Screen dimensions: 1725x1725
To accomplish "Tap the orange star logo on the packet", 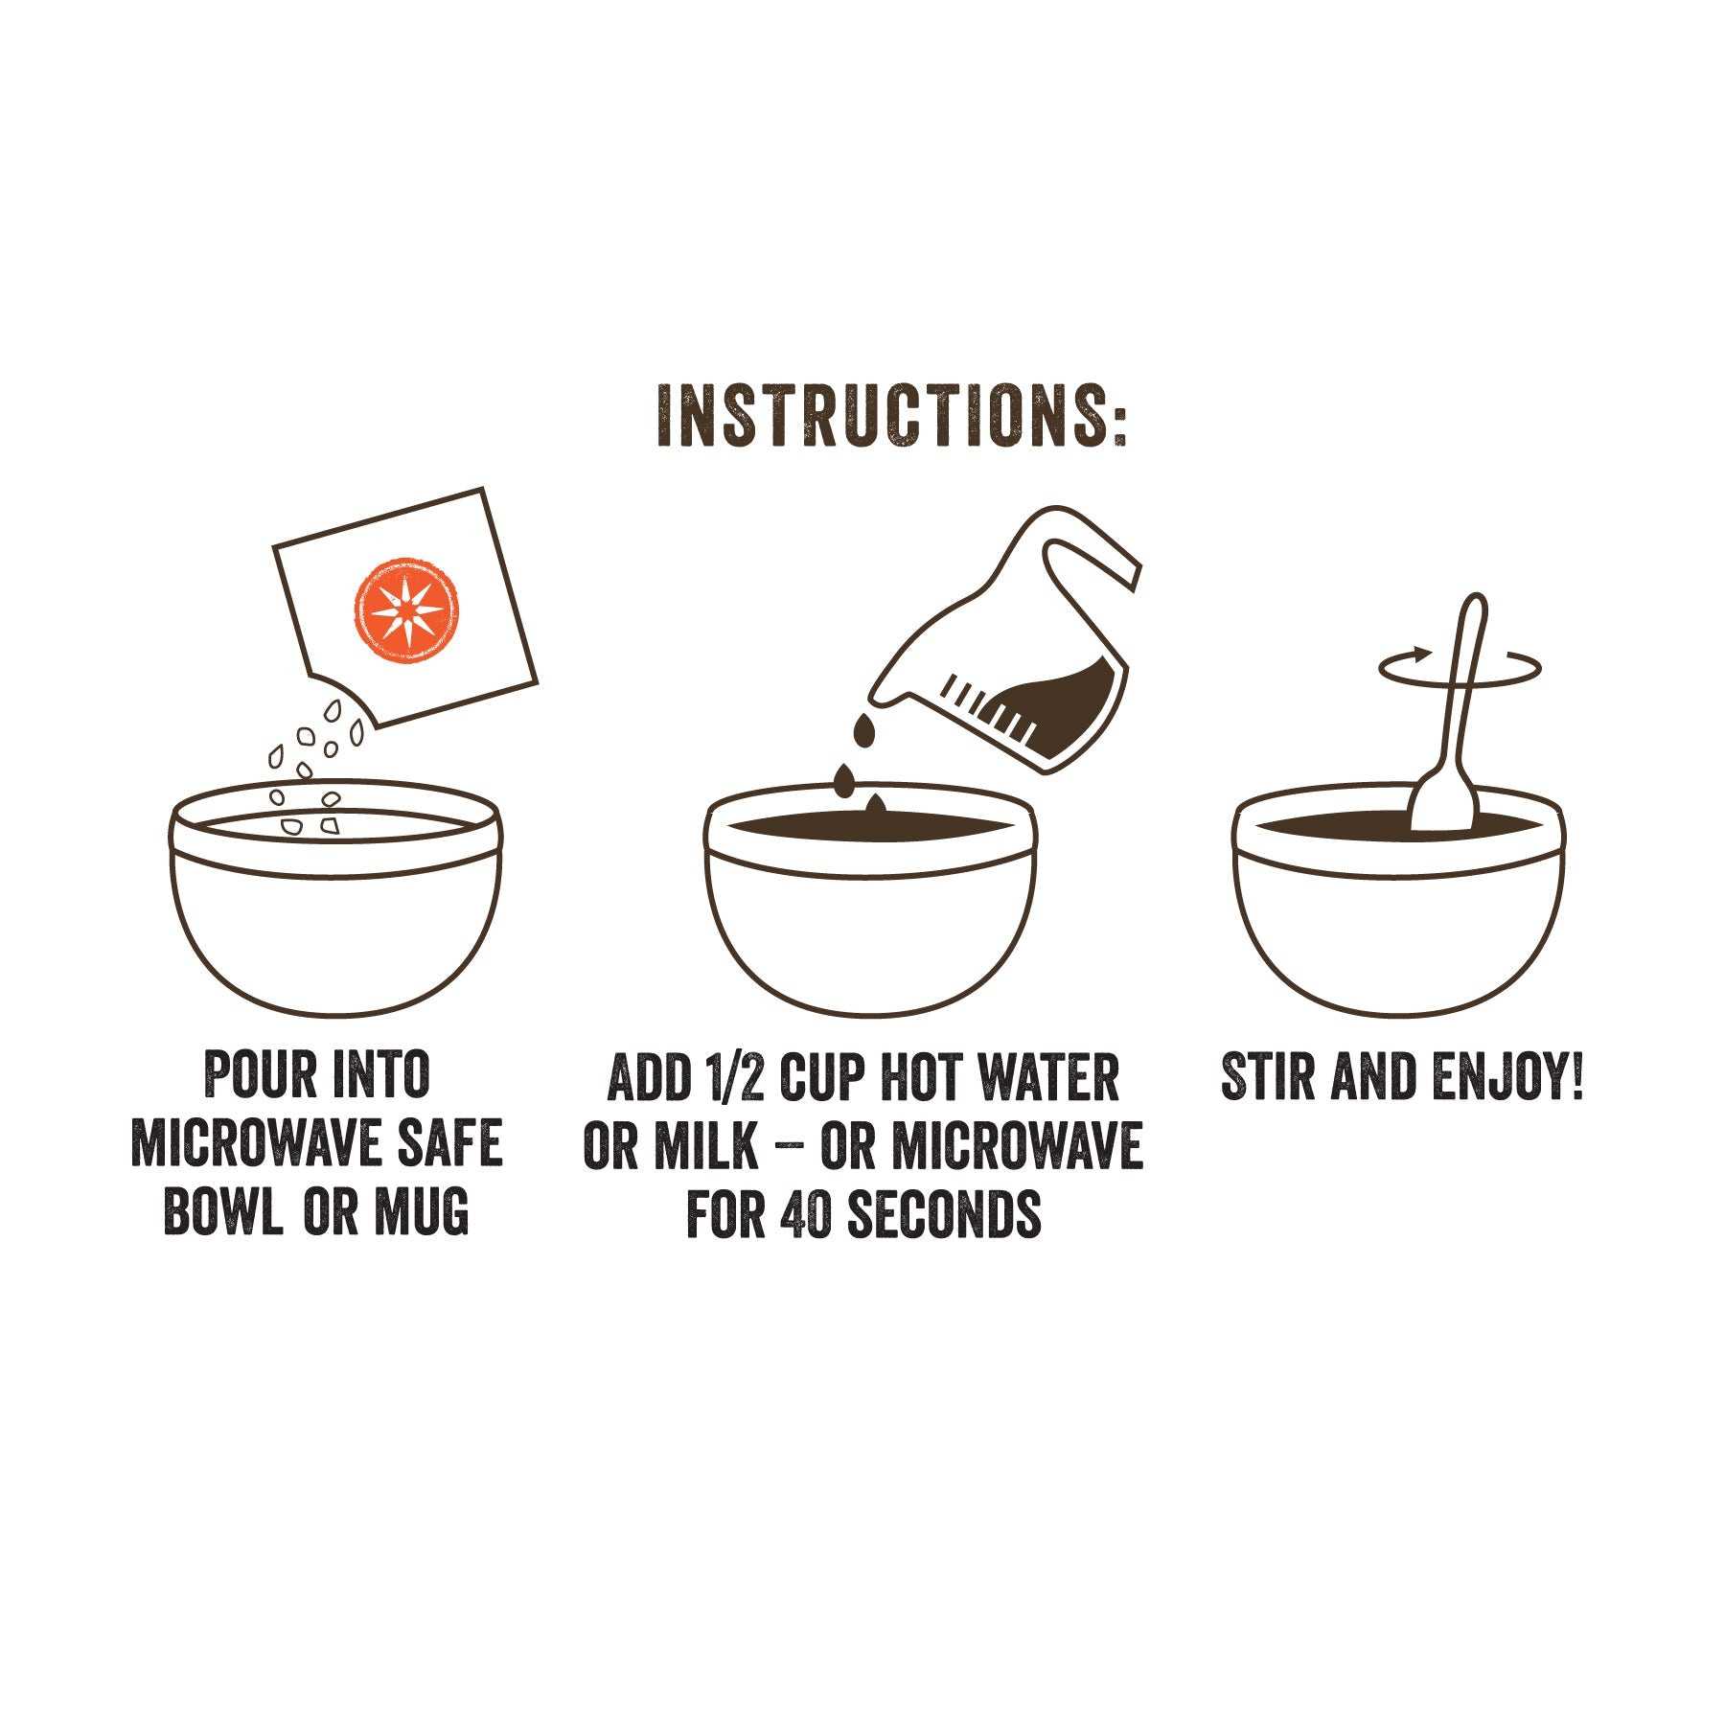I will tap(405, 610).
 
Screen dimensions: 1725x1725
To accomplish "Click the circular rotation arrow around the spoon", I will tap(1514, 668).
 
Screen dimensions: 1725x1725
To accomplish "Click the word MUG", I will tap(422, 1211).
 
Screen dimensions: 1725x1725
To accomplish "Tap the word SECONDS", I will tap(944, 1214).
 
